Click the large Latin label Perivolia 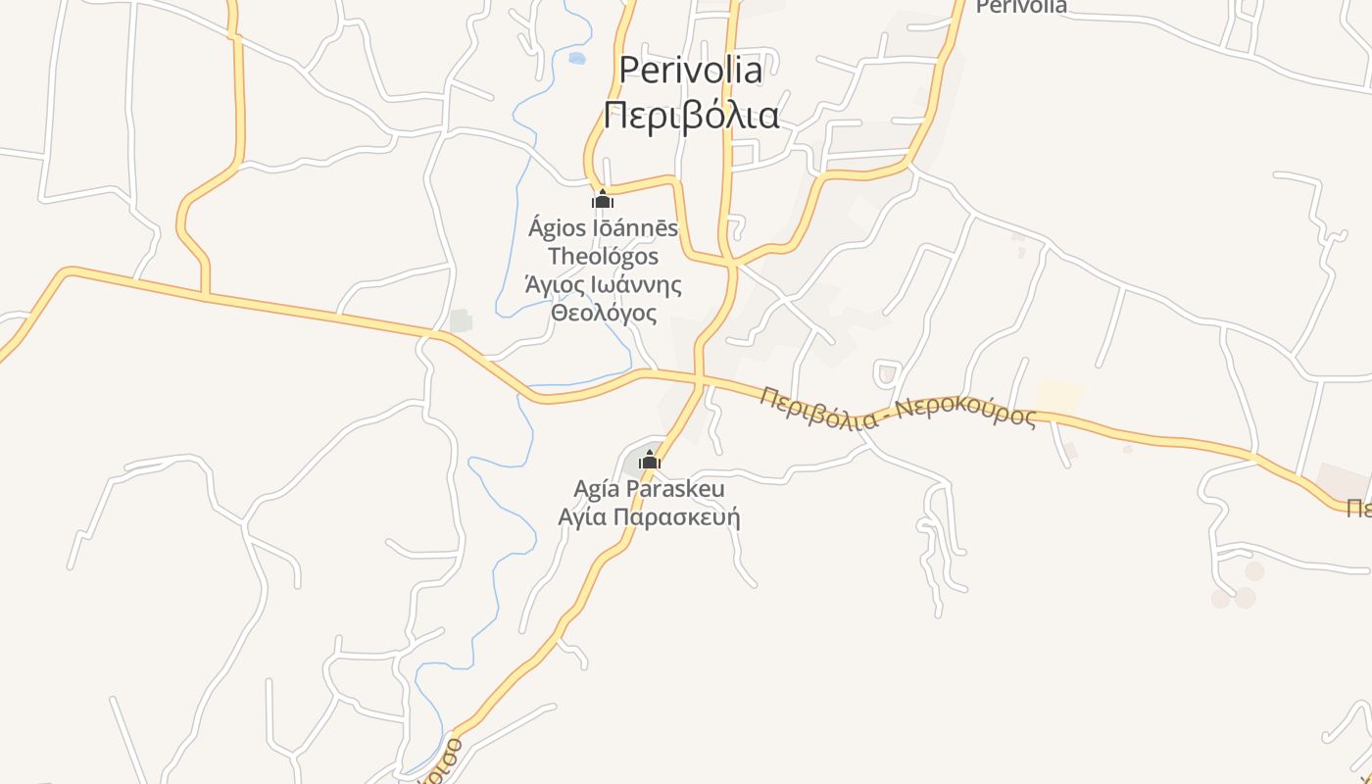point(691,70)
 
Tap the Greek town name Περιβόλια point(691,116)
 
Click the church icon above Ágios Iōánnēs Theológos point(602,200)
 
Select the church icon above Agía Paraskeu point(649,460)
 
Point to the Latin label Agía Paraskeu point(649,488)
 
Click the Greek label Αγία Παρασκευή point(649,516)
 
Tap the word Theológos point(603,257)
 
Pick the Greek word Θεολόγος point(603,314)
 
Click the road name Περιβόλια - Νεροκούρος point(897,408)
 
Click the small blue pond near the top point(576,59)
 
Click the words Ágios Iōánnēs point(603,228)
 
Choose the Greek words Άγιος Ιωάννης point(603,285)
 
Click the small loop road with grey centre point(887,373)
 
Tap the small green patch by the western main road point(461,320)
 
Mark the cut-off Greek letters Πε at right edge point(1357,508)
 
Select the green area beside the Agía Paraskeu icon point(632,463)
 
